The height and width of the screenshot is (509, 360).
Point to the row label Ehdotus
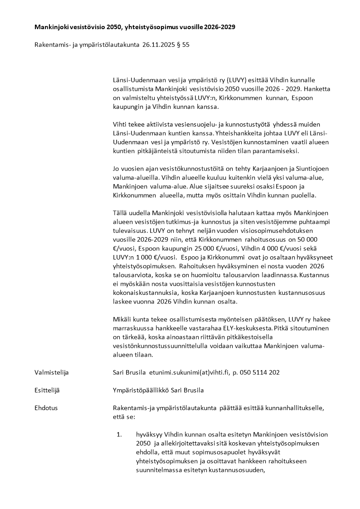coord(46,408)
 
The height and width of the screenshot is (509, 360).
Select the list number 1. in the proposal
coord(120,434)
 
